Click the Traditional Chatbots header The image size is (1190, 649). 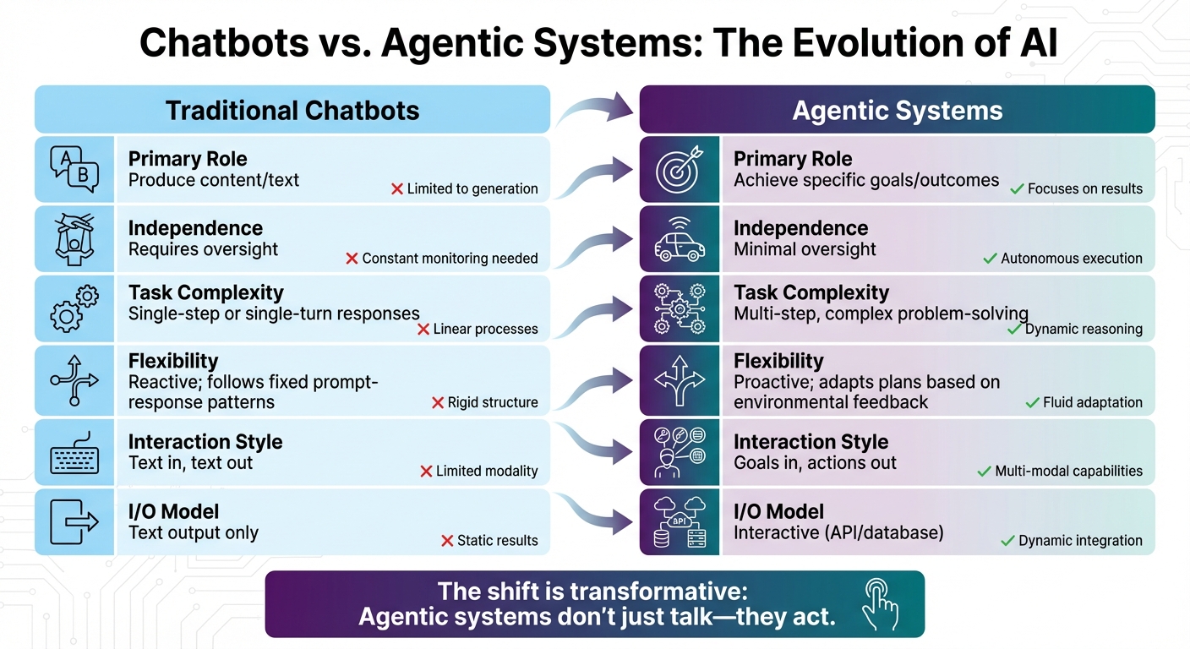292,110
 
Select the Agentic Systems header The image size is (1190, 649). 897,110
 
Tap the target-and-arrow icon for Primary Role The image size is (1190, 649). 680,169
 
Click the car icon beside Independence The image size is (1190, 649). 680,239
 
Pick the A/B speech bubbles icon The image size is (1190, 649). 74,169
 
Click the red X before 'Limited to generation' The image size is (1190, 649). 396,189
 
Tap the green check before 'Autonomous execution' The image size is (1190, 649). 990,259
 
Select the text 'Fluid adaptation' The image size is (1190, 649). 1092,403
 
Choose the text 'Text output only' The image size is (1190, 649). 194,533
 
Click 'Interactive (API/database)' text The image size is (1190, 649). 838,533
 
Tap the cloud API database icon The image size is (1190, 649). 680,521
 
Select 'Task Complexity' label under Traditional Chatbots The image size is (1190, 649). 205,293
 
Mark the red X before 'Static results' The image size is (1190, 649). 447,541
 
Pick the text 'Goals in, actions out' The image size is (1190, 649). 815,463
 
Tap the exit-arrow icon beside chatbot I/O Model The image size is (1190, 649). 74,521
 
